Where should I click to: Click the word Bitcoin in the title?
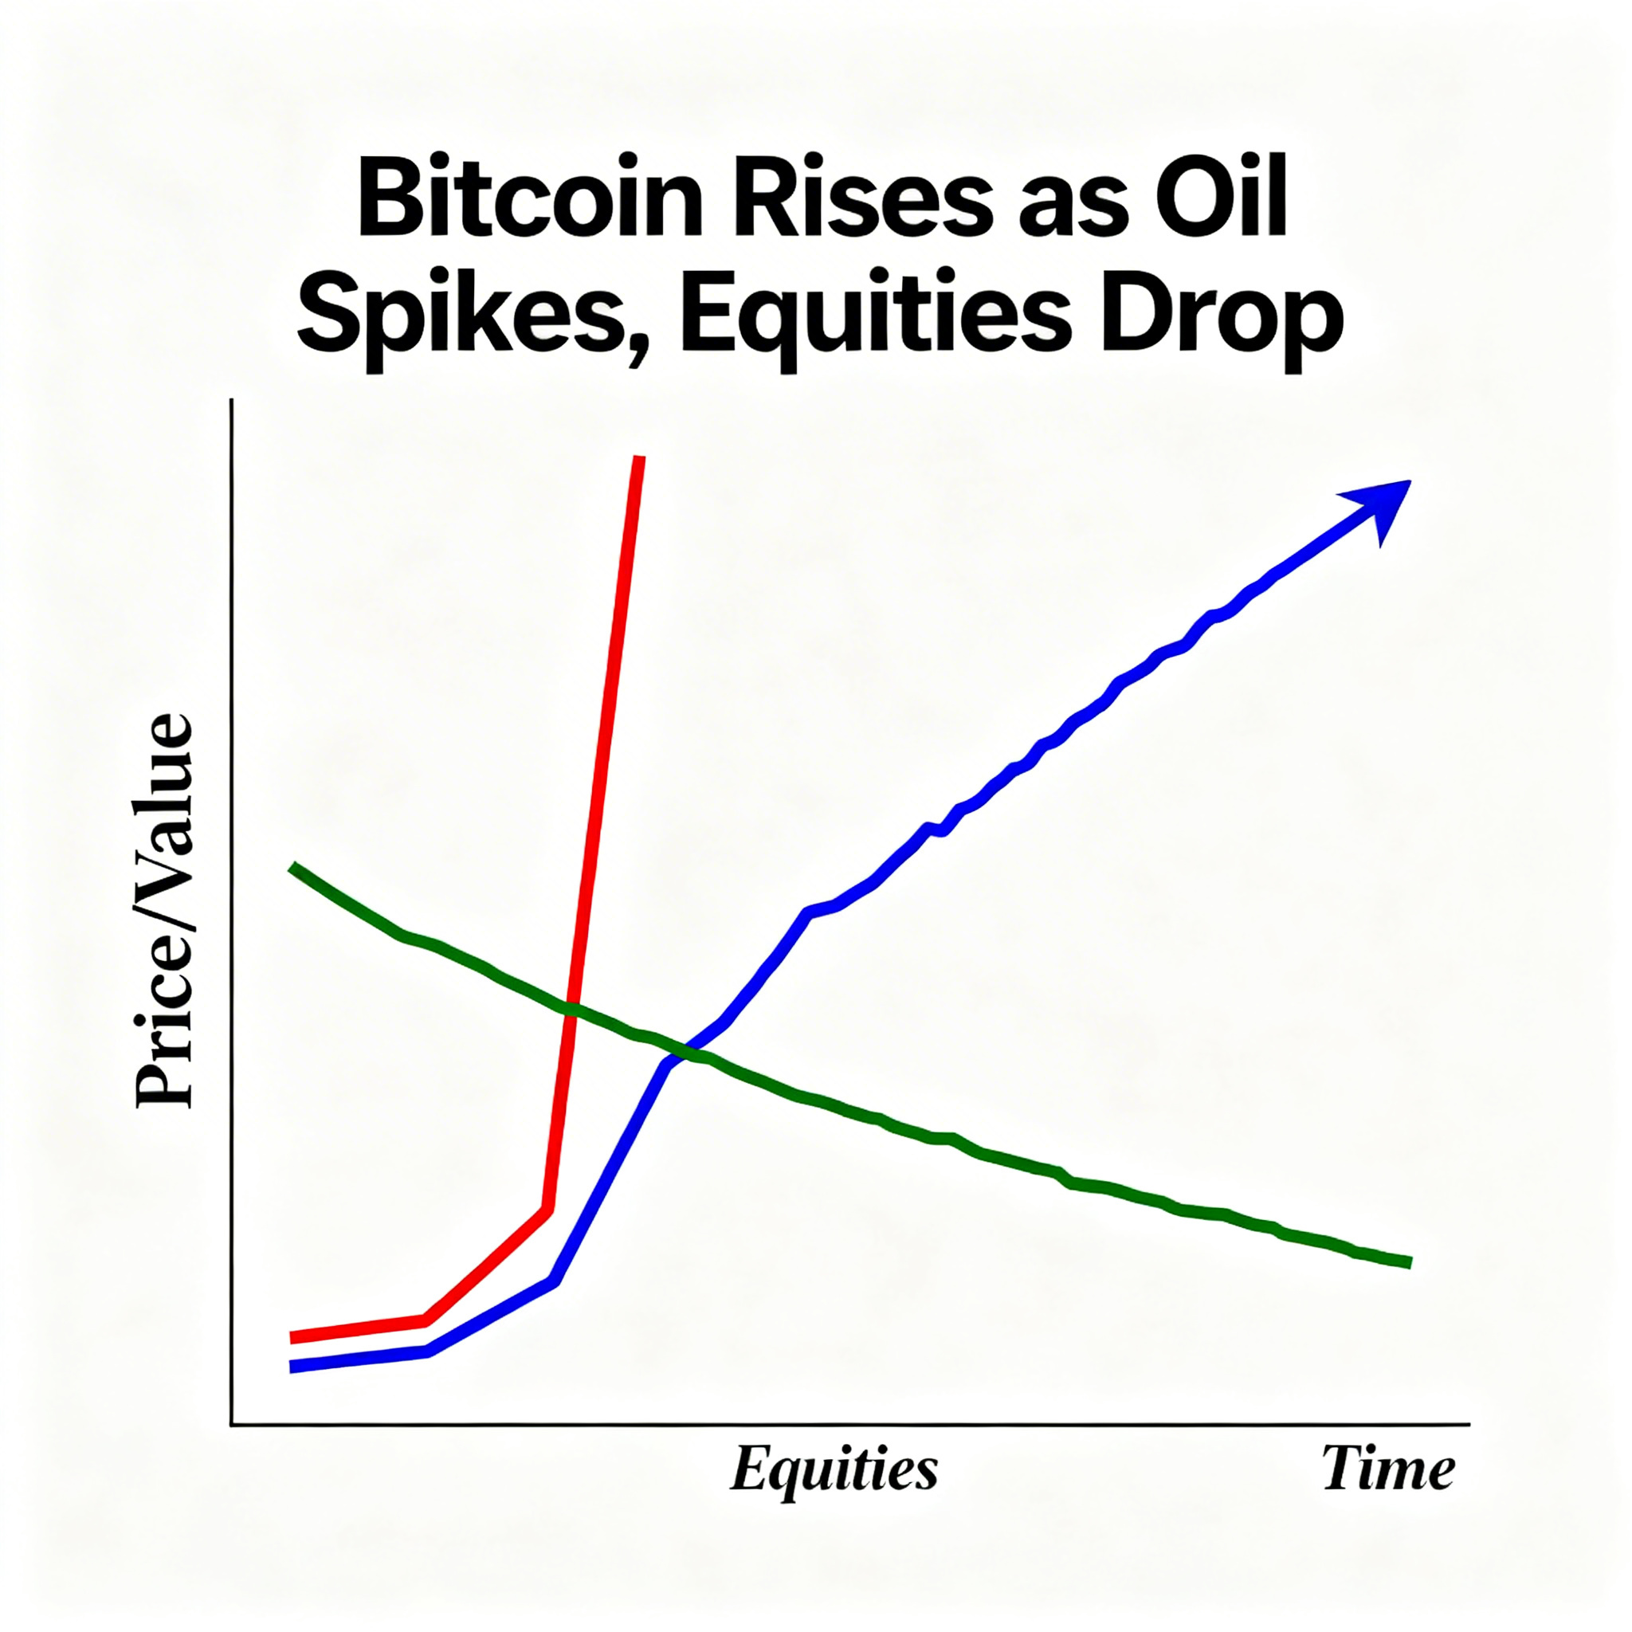[x=530, y=206]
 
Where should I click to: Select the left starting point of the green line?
[x=292, y=867]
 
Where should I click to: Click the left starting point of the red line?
[x=292, y=1337]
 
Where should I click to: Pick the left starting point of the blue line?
[x=292, y=1367]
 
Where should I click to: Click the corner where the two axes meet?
[x=231, y=1424]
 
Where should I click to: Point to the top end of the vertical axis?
[x=231, y=400]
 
